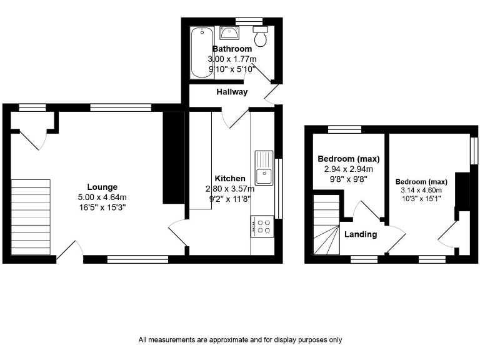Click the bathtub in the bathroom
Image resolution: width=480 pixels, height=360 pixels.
201,52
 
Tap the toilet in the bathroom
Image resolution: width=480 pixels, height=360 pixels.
259,36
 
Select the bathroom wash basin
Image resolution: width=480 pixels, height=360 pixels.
231,33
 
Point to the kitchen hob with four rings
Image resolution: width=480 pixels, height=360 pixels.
262,226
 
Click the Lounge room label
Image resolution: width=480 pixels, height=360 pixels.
102,187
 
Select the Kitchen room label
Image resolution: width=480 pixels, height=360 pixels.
230,179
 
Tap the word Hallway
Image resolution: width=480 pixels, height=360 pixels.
232,92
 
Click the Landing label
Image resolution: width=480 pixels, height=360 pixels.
361,234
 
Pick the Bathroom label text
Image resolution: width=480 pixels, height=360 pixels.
232,49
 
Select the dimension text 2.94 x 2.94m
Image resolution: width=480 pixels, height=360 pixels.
348,169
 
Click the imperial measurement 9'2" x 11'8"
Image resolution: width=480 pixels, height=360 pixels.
230,198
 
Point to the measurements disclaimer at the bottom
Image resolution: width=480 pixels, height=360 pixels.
240,340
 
